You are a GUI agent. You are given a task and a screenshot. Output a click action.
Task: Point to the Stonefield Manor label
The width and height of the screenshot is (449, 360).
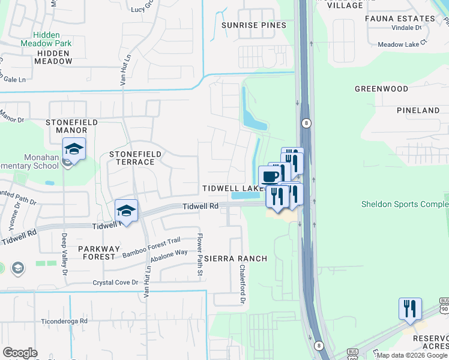(x=71, y=126)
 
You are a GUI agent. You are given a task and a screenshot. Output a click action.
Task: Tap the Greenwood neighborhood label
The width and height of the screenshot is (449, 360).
(x=381, y=89)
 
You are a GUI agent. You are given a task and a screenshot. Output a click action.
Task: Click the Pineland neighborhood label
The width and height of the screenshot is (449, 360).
(x=418, y=110)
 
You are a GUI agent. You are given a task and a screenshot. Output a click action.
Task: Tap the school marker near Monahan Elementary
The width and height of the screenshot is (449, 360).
(x=74, y=148)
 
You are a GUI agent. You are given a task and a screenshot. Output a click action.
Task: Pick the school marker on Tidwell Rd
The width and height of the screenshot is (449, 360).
(x=127, y=210)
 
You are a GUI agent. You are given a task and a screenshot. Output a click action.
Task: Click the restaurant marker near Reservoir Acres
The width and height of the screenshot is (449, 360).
(x=410, y=308)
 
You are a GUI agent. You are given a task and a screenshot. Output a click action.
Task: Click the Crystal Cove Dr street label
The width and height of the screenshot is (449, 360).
(x=115, y=282)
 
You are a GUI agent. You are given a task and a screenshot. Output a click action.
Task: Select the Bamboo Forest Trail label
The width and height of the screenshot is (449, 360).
(x=151, y=247)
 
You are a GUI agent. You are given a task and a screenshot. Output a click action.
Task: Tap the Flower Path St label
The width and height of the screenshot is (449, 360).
(x=200, y=255)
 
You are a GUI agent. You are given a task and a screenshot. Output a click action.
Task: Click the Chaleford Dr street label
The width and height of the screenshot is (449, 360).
(x=243, y=284)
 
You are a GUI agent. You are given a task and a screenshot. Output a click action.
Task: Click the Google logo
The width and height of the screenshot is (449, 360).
(x=20, y=353)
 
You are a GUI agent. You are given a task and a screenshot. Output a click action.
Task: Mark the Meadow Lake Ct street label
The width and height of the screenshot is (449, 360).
(x=402, y=44)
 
